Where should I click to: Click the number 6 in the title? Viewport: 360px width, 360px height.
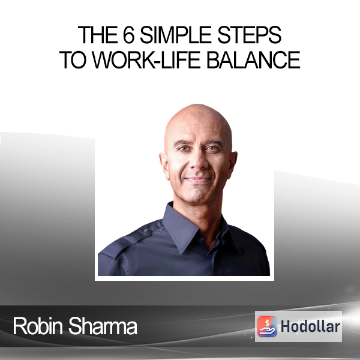tap(128, 35)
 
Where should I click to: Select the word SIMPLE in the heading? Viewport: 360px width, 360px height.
tap(176, 35)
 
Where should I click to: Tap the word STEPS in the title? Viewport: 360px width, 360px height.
tap(250, 35)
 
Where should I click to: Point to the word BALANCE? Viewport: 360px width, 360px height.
tap(253, 60)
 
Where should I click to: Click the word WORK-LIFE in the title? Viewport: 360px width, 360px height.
tap(146, 60)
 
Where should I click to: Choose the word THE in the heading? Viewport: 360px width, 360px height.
tap(98, 35)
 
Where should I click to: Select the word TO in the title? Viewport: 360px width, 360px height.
tap(73, 60)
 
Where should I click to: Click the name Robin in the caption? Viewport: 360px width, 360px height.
tap(38, 326)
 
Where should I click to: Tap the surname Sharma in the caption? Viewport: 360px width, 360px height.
tap(103, 326)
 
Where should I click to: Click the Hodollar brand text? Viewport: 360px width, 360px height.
tap(310, 326)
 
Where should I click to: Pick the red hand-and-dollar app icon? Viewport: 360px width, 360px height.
tap(267, 326)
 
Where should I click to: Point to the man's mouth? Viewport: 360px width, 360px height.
tap(199, 179)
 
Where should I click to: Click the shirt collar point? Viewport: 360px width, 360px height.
tap(181, 252)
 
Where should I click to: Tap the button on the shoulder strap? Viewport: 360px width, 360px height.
tap(145, 231)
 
